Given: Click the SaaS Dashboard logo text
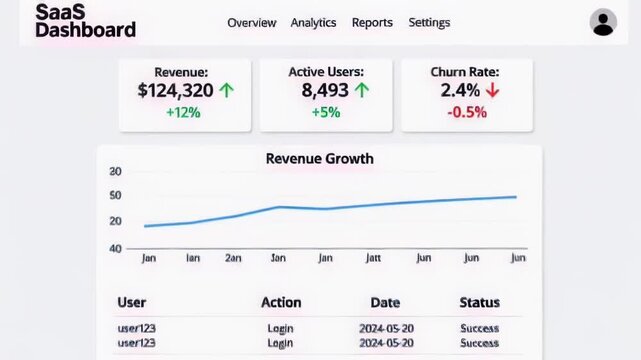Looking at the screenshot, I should click(85, 21).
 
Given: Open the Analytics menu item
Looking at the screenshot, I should click(313, 23).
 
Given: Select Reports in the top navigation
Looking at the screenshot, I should click(372, 23).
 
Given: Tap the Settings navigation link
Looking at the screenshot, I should click(429, 23).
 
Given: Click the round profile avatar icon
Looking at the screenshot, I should click(603, 22).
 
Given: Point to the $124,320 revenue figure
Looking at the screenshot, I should click(175, 91).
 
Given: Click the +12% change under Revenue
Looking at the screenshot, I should click(183, 113).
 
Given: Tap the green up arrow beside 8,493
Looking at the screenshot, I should click(362, 91).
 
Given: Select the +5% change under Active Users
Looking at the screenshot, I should click(325, 113).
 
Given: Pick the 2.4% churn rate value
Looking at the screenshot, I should click(459, 91).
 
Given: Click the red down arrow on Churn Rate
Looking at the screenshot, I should click(492, 91).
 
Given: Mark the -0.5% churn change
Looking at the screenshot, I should click(466, 113).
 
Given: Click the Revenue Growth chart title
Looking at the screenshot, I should click(319, 159).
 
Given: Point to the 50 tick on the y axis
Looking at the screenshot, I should click(116, 194).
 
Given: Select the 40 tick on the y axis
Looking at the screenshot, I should click(116, 248).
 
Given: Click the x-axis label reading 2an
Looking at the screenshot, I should click(233, 258).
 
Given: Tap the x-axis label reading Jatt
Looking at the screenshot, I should click(373, 258).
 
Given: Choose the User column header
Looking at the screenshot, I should click(131, 302).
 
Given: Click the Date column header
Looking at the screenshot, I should click(385, 302).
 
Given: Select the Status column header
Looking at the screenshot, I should click(479, 302).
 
